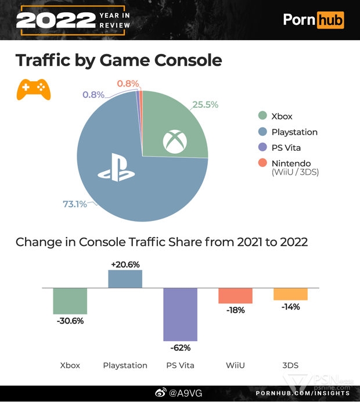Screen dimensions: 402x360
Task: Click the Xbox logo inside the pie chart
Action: [174, 142]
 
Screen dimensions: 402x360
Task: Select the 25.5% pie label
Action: [204, 105]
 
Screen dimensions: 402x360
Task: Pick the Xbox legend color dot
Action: [263, 116]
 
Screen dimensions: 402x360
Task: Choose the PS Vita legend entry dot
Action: [263, 147]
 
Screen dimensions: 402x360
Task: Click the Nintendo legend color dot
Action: [263, 163]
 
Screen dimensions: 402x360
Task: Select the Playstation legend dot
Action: [263, 132]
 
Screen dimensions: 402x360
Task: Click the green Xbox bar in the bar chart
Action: [70, 300]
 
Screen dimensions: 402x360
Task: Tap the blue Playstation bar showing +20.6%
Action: [125, 279]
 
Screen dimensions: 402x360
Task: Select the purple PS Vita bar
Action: [180, 314]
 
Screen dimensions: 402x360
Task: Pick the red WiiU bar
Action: [235, 295]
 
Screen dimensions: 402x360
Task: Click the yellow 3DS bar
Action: [290, 294]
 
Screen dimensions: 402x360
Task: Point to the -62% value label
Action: [180, 348]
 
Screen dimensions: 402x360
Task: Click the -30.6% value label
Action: [70, 321]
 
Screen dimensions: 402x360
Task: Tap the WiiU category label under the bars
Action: [235, 365]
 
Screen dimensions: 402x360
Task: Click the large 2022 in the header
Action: [55, 20]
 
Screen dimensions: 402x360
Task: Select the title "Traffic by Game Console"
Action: [118, 60]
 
